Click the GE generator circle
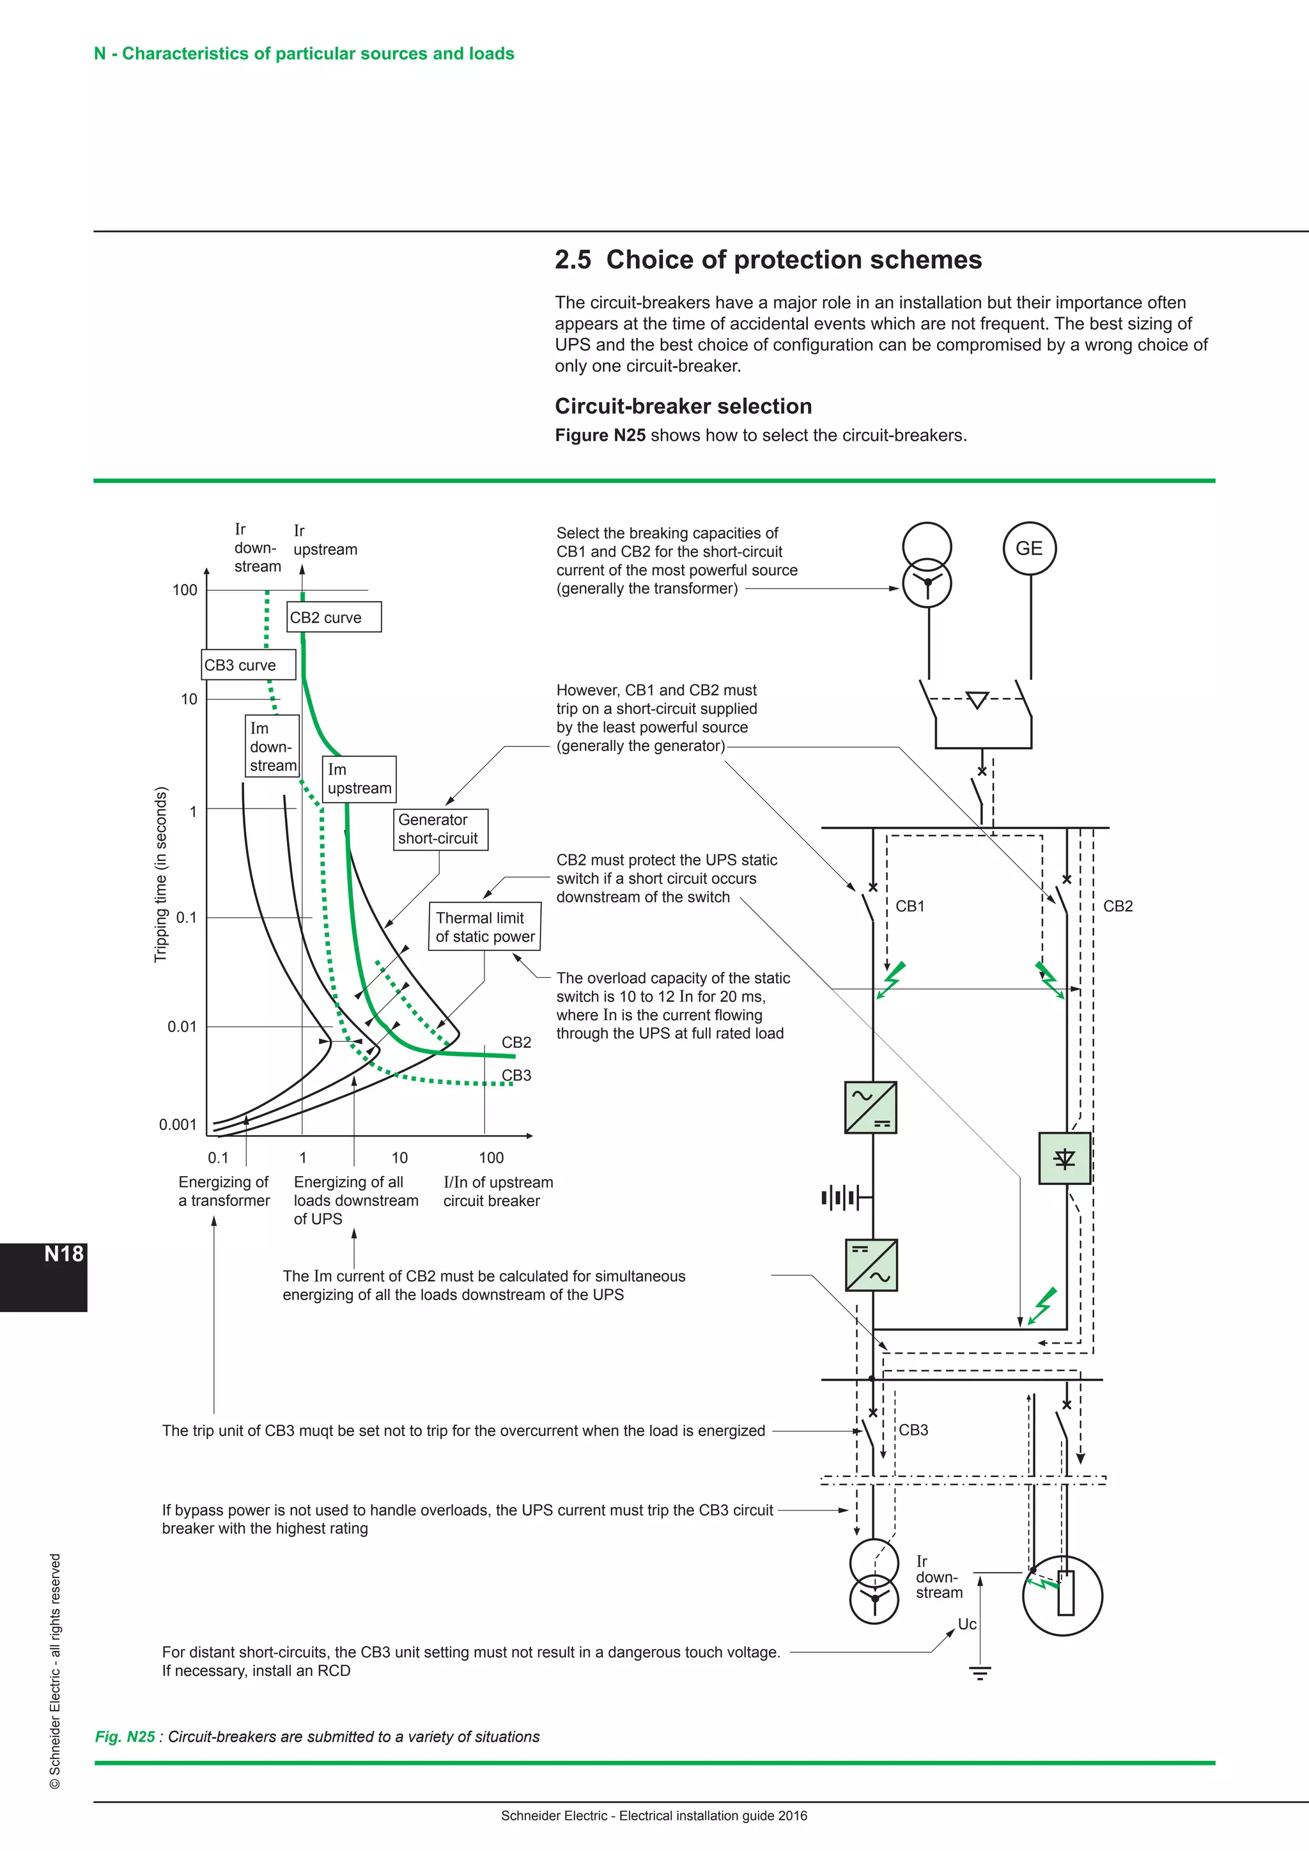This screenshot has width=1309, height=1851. click(1029, 548)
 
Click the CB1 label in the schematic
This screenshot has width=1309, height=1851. click(910, 906)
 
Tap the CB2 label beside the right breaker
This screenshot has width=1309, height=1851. click(1117, 906)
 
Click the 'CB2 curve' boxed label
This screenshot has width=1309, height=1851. click(334, 617)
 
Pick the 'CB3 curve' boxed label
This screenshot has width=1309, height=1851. click(248, 665)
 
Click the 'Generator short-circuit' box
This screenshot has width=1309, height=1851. click(440, 829)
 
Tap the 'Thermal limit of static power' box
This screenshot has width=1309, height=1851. click(484, 927)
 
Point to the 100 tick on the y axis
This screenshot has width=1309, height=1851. click(185, 590)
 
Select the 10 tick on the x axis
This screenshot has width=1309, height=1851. click(399, 1158)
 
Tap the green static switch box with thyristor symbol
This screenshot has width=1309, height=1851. click(1064, 1159)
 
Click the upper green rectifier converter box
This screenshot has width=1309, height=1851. click(871, 1108)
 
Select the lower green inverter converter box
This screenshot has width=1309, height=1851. click(871, 1266)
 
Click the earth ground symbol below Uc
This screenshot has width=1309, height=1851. click(979, 1673)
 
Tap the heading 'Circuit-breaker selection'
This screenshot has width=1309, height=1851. click(683, 407)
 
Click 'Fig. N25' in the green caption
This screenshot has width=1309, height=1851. click(125, 1737)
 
